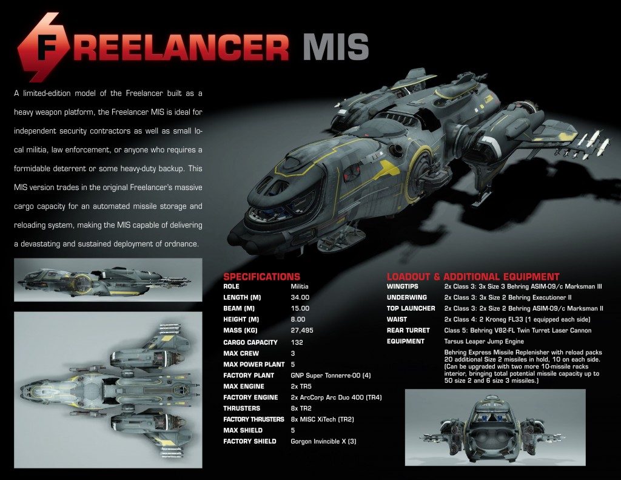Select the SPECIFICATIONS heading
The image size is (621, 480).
(261, 277)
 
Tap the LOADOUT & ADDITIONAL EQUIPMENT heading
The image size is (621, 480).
(473, 277)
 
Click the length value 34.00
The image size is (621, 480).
(300, 297)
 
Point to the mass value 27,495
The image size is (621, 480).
(303, 331)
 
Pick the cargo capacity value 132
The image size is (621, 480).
(297, 342)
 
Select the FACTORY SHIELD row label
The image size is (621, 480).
(249, 441)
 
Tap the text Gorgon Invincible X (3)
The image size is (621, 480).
(323, 441)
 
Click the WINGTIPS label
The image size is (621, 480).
(405, 286)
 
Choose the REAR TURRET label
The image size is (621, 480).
(408, 330)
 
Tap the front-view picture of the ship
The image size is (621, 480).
(495, 427)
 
